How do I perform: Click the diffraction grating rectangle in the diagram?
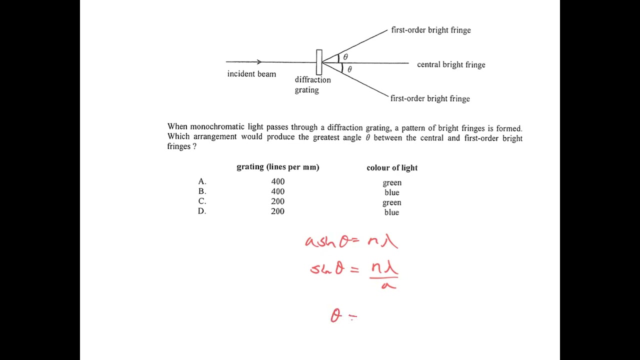tap(319, 62)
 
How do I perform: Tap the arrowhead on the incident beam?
tap(259, 62)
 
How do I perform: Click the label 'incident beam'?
tap(251, 74)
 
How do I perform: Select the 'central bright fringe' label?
tap(451, 64)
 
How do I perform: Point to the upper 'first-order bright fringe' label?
tap(431, 30)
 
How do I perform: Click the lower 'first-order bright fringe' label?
tap(430, 98)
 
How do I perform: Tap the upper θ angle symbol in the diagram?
tap(345, 57)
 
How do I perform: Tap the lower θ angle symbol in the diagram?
tap(349, 69)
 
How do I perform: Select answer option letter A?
tap(202, 181)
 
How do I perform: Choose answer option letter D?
tap(202, 211)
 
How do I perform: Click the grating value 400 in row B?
tap(277, 191)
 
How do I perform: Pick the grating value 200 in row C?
tap(277, 201)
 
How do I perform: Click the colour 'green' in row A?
tap(392, 183)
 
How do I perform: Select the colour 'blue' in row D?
tap(392, 212)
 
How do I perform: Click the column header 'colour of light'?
tap(392, 168)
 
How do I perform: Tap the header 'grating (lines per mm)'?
tap(277, 167)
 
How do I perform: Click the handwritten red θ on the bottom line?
tap(336, 315)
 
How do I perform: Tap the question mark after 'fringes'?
tap(194, 146)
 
